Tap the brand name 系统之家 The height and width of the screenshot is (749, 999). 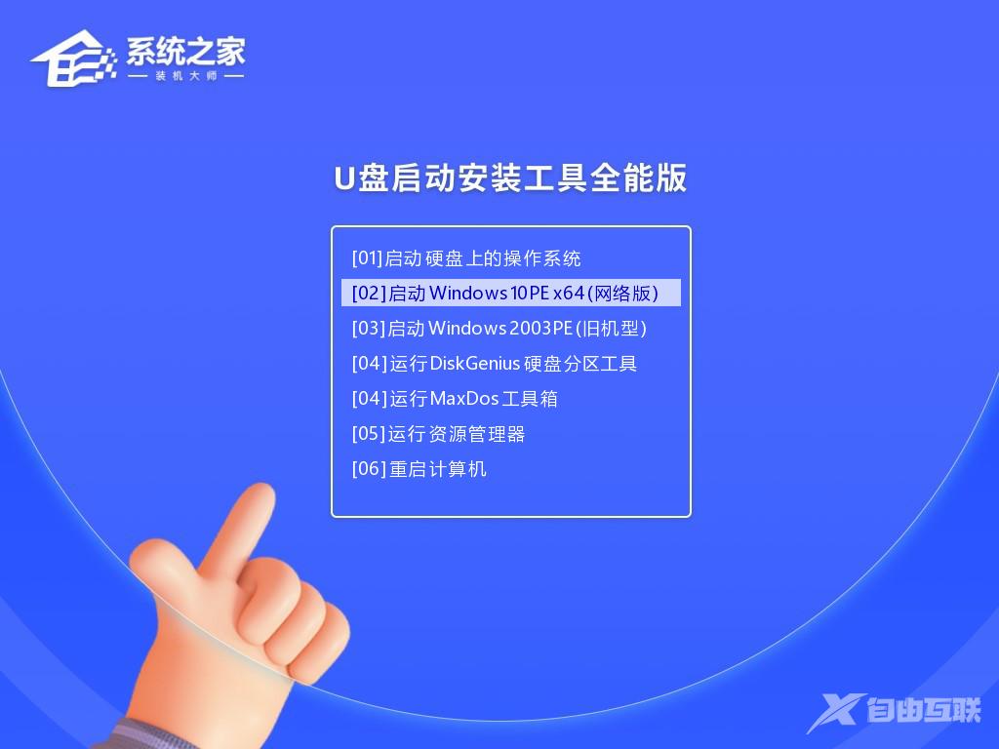point(185,51)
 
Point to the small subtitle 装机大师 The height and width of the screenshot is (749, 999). point(185,76)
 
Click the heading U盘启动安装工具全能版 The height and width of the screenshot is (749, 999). point(510,178)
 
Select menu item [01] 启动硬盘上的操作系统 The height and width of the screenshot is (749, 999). point(466,258)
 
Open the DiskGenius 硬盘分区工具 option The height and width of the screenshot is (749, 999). point(495,364)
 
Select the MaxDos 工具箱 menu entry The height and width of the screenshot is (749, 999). point(455,399)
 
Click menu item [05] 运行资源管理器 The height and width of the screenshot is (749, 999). point(439,434)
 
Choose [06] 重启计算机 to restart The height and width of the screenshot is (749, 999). point(420,469)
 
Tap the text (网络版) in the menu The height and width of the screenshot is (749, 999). point(624,293)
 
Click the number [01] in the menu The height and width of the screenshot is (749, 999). point(367,258)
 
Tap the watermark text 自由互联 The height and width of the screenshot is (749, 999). point(922,711)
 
